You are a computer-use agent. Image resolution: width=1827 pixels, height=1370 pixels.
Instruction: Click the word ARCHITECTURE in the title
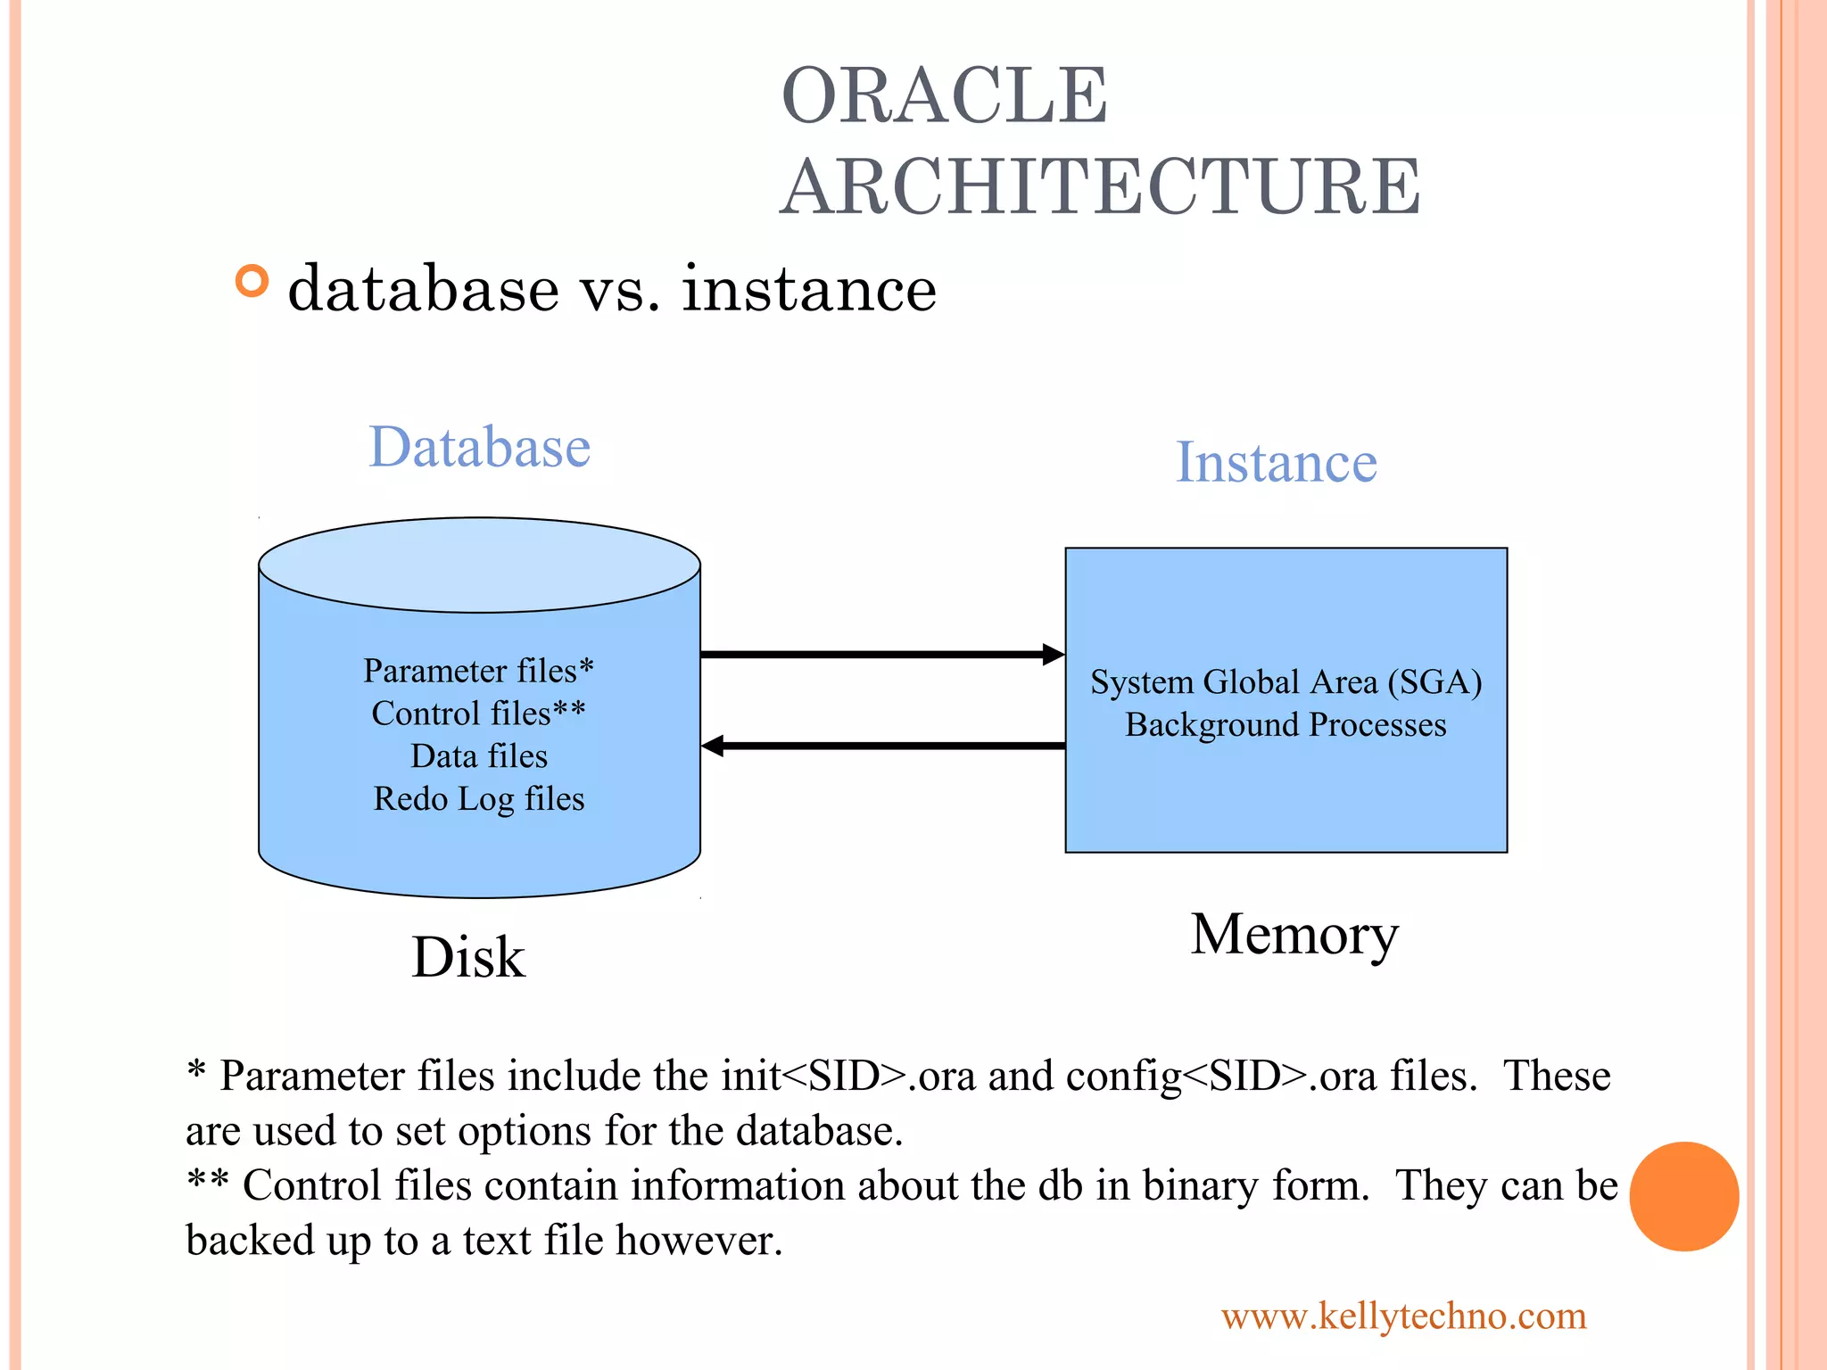click(x=1100, y=186)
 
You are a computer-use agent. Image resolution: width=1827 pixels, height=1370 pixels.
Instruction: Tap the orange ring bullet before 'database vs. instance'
click(x=252, y=281)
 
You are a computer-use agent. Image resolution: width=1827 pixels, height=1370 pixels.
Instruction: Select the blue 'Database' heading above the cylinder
click(x=480, y=447)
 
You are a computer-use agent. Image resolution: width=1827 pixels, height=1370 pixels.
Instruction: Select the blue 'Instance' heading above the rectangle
click(x=1276, y=462)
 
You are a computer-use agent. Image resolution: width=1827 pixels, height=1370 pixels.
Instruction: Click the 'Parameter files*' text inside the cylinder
click(x=478, y=671)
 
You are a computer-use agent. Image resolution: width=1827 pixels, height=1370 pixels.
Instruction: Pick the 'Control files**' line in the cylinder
click(x=478, y=714)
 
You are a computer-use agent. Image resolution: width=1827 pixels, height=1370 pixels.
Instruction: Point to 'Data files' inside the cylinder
click(x=478, y=756)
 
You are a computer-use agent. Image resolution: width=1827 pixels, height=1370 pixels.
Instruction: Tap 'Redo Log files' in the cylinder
click(x=478, y=799)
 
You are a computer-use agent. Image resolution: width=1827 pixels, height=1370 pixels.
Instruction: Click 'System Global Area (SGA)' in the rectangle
click(x=1286, y=682)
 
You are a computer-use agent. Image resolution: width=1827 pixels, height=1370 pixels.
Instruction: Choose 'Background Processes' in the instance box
click(x=1286, y=725)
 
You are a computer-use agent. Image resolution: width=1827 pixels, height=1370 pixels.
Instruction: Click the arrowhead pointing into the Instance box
click(x=1054, y=655)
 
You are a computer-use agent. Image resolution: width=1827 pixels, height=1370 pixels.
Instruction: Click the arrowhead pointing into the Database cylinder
click(x=713, y=746)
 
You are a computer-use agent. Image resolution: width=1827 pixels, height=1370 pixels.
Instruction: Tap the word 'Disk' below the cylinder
click(x=468, y=958)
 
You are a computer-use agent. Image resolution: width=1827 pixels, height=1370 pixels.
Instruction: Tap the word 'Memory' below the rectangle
click(x=1294, y=935)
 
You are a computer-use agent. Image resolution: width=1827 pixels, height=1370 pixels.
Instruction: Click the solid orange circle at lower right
click(x=1683, y=1196)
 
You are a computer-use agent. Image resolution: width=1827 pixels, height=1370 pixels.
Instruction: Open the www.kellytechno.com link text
click(x=1403, y=1316)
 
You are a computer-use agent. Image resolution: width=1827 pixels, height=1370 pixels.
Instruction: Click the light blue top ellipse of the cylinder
click(x=479, y=565)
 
